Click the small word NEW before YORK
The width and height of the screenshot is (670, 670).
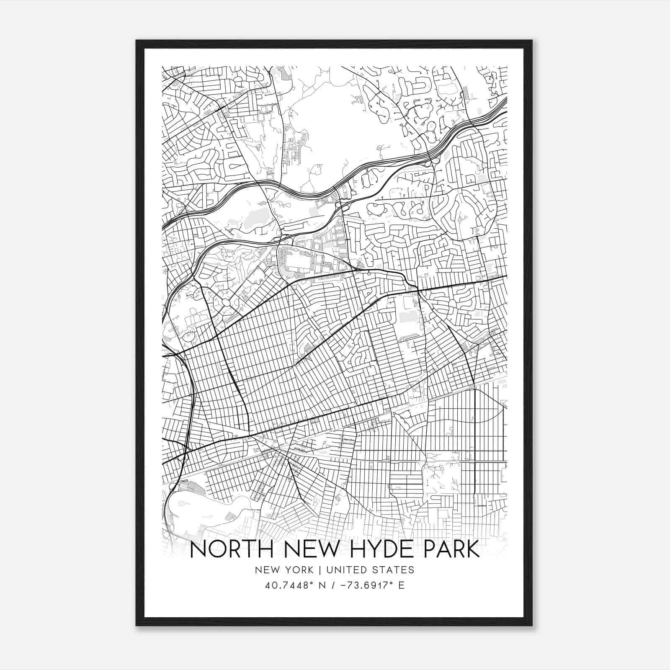point(265,570)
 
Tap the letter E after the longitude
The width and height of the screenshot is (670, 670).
point(402,585)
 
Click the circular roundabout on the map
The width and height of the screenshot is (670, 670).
point(226,302)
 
